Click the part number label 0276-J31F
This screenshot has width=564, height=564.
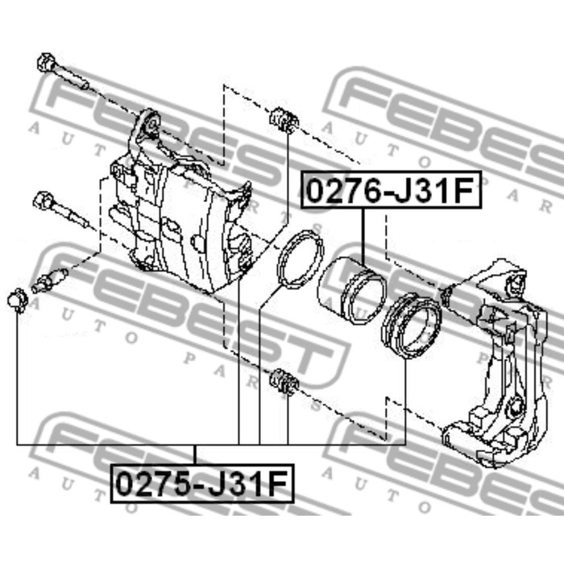[x=391, y=190]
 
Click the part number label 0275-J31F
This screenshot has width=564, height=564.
[x=202, y=483]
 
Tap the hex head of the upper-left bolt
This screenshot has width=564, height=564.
[x=46, y=62]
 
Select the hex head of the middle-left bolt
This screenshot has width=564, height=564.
[x=44, y=201]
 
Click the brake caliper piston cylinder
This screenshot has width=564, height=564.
[x=351, y=290]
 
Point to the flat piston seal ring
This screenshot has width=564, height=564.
[x=300, y=259]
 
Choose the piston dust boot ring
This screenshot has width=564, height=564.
[x=411, y=326]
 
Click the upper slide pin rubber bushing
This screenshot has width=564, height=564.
[x=284, y=120]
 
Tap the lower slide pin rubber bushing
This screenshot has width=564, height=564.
[x=284, y=381]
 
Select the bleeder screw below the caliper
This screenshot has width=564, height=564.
[x=49, y=280]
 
